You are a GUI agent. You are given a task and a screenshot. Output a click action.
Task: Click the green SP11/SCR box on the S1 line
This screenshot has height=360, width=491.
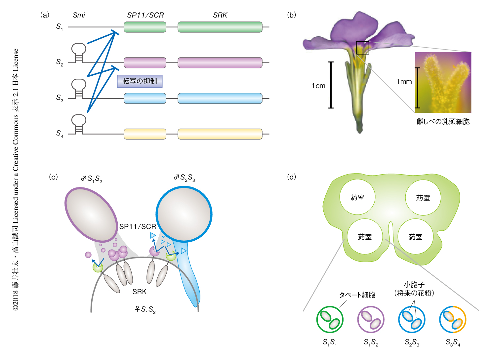click(145, 27)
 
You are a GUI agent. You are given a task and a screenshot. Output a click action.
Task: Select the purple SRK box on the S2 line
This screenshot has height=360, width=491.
click(220, 62)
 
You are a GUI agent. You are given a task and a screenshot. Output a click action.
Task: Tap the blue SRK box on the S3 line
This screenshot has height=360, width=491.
click(220, 98)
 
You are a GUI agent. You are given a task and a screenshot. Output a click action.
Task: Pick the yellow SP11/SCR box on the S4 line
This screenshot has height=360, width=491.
click(145, 134)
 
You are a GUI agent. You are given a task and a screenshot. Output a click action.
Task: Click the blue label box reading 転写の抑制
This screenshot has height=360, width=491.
click(140, 81)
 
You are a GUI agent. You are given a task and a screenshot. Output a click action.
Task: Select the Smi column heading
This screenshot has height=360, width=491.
click(79, 15)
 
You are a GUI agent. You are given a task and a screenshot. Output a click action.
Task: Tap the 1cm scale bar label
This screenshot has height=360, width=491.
click(318, 86)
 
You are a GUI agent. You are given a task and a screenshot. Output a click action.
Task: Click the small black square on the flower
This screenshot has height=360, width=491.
click(362, 48)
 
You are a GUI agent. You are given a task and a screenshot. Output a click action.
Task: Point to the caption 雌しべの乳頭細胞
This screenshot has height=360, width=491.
click(443, 122)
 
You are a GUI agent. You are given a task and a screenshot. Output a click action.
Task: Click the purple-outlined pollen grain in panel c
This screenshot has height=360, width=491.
click(91, 214)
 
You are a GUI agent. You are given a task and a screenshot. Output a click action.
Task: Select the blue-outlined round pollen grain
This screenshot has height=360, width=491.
click(184, 214)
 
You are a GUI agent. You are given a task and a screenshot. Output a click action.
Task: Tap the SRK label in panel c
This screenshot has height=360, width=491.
click(139, 292)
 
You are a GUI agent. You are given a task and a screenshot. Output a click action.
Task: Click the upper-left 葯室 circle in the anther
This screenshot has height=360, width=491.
click(357, 197)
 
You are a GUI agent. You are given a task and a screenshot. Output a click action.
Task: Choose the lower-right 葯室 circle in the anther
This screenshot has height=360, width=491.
click(415, 237)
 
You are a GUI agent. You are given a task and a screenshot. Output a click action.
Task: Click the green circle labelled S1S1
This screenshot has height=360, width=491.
click(330, 320)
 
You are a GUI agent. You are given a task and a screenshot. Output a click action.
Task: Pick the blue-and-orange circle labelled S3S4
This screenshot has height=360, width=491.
click(453, 320)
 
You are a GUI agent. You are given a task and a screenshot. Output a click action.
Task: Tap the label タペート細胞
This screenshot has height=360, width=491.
click(357, 295)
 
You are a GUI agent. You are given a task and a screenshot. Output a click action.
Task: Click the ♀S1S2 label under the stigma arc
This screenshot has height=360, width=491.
click(145, 309)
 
